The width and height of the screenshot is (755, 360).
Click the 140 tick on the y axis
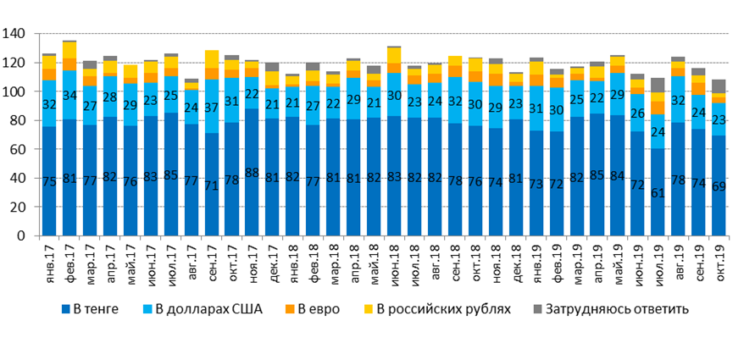coord(16,34)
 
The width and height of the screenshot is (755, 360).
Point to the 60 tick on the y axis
coord(19,149)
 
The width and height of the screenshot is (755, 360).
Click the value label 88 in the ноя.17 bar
coord(252,174)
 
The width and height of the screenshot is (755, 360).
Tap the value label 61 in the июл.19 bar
coord(658,191)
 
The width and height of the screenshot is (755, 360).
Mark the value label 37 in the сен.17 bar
coord(212,107)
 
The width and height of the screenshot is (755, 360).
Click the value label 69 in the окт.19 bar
coord(719,185)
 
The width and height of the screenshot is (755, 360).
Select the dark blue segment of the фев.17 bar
coord(69,178)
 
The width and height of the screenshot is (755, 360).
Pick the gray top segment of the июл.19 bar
coord(658,86)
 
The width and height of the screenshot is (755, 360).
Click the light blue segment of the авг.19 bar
coord(678,99)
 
